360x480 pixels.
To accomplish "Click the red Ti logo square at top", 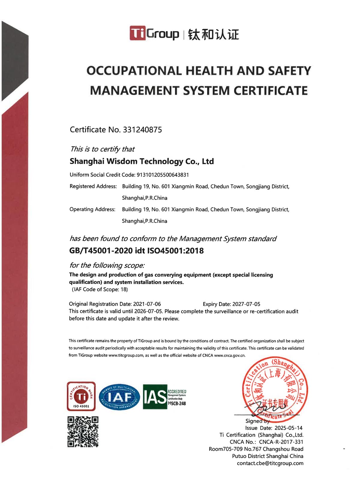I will point(137,33).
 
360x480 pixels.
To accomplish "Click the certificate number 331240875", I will point(142,130).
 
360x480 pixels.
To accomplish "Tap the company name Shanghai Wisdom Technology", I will point(142,162).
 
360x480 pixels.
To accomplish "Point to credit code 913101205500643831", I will point(163,175).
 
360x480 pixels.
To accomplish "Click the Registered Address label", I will point(93,186).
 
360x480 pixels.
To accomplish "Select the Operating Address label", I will point(92,209).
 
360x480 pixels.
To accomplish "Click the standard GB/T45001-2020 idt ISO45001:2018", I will point(136,251).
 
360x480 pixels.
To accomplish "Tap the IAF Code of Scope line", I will point(100,289).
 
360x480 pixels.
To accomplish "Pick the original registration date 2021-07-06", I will point(147,304).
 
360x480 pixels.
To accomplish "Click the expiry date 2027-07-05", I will point(246,304).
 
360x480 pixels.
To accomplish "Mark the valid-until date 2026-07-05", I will point(148,311).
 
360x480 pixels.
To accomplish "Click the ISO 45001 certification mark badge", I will point(81,396).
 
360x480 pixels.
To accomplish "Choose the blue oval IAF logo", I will point(119,397).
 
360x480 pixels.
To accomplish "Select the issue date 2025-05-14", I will point(288,428).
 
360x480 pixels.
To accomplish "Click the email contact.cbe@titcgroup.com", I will point(270,463).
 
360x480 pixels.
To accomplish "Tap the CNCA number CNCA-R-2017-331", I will point(281,442).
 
